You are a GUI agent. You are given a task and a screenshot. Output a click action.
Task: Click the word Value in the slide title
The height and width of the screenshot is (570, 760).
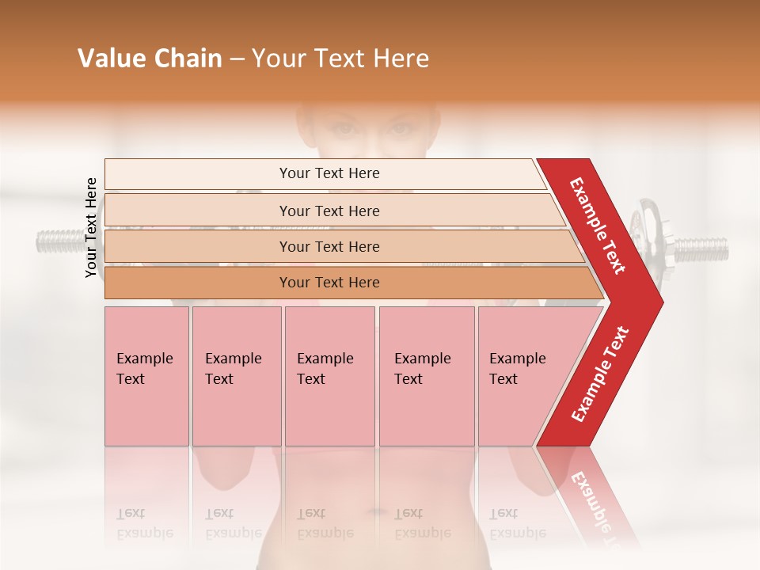[110, 59]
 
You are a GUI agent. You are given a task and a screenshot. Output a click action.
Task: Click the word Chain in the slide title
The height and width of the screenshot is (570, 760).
[183, 59]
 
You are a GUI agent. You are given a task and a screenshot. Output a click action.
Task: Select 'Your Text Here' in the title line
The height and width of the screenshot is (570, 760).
[340, 59]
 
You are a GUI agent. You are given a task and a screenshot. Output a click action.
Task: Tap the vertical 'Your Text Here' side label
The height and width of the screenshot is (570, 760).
[91, 228]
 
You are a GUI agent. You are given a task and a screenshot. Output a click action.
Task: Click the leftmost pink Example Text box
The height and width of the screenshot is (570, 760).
[146, 376]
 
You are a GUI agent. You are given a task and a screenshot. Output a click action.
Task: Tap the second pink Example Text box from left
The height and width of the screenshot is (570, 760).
[237, 376]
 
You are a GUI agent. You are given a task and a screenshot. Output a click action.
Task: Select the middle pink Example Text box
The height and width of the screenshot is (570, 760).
[329, 376]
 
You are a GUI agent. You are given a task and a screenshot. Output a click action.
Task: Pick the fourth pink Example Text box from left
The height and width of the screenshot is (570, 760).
[427, 376]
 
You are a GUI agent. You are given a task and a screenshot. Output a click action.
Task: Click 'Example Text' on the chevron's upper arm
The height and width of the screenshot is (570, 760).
[598, 226]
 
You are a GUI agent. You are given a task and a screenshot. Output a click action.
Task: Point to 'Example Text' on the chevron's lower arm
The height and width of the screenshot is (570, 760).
[600, 374]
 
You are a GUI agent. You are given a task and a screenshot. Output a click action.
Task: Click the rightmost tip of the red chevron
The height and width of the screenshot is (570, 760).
[661, 302]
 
